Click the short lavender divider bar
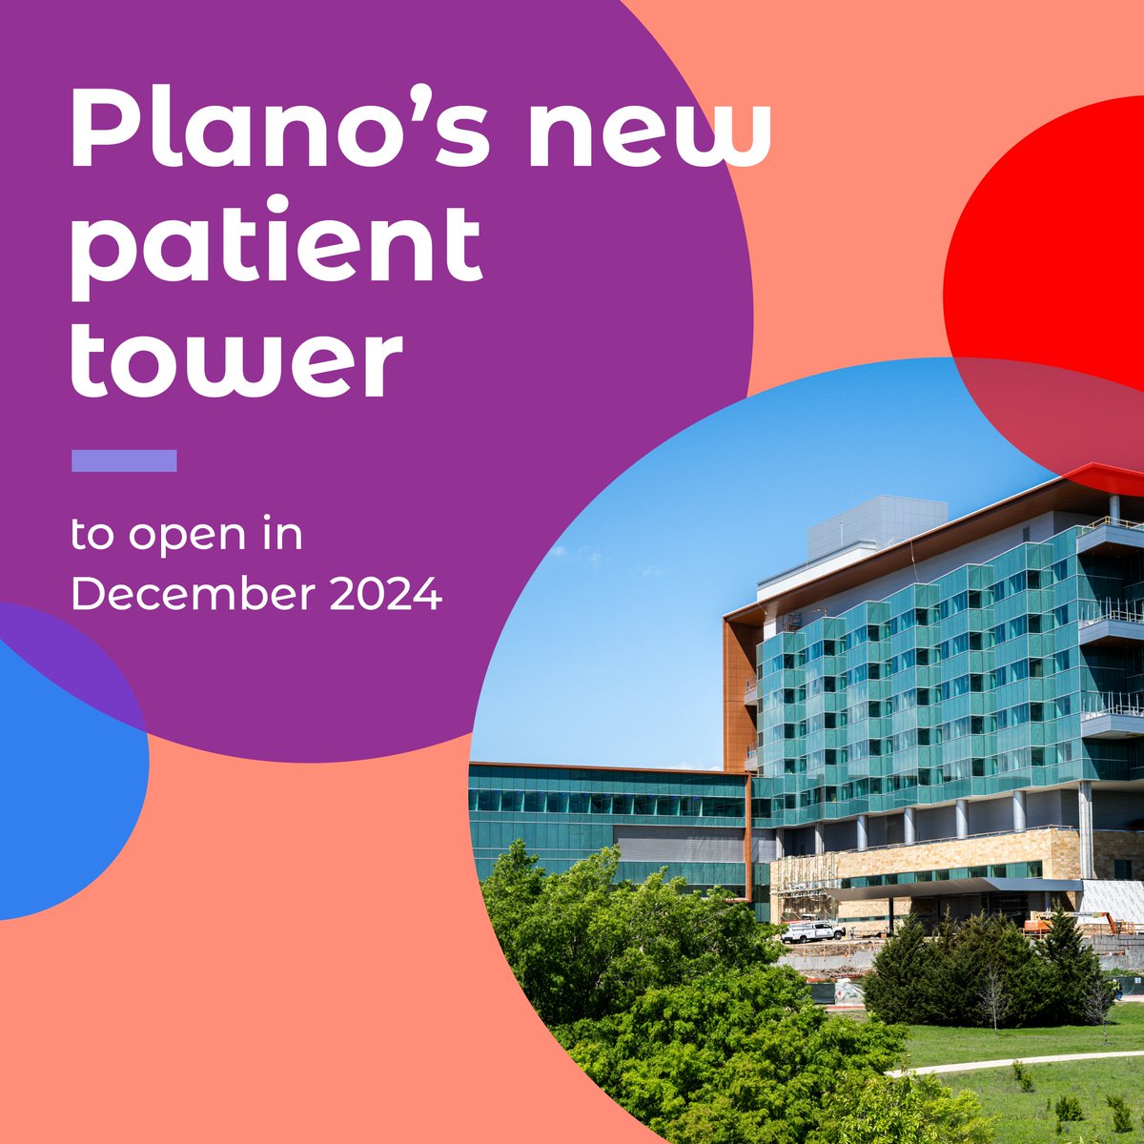click(x=124, y=461)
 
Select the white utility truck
click(x=812, y=930)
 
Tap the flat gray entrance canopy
click(x=953, y=889)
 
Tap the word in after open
click(x=283, y=536)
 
